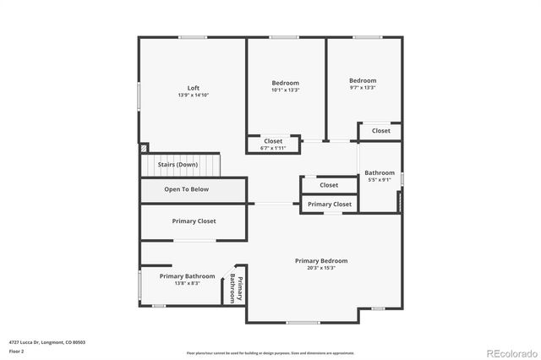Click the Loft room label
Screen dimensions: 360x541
(x=194, y=88)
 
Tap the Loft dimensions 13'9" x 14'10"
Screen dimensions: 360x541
(x=194, y=95)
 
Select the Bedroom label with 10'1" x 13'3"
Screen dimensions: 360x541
(x=285, y=82)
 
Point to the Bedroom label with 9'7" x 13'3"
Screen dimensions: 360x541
(x=363, y=81)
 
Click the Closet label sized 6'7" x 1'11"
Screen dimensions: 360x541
(x=273, y=141)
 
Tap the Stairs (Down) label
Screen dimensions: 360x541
(x=178, y=164)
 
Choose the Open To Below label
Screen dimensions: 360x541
(x=186, y=189)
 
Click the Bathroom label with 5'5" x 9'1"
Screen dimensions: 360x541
(x=380, y=173)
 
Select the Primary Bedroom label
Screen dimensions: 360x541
(x=321, y=261)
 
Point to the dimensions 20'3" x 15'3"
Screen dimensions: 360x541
(x=321, y=268)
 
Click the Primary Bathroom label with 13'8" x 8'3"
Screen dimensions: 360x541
(x=188, y=276)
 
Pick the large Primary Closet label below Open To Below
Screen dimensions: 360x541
(x=194, y=221)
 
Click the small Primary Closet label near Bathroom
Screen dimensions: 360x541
(x=330, y=205)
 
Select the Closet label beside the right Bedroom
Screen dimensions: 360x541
(x=381, y=131)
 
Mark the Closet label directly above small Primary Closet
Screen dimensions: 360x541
(x=329, y=185)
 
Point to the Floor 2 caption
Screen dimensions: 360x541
(x=17, y=351)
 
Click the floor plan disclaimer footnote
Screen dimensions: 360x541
(x=270, y=352)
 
